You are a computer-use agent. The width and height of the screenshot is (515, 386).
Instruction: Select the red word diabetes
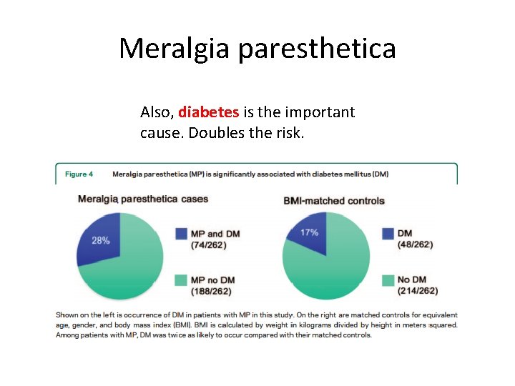pos(209,112)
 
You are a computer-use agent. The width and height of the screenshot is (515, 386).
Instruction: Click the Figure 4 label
pos(84,174)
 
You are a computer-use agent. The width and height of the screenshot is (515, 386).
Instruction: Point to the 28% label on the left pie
pos(101,241)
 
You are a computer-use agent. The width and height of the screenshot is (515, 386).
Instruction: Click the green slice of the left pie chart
pos(132,264)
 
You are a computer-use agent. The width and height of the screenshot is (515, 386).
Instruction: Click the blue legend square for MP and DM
pos(180,234)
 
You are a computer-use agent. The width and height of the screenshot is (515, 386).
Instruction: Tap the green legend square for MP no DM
pos(180,279)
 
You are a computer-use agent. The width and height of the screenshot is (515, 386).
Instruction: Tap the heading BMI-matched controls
pos(334,200)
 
